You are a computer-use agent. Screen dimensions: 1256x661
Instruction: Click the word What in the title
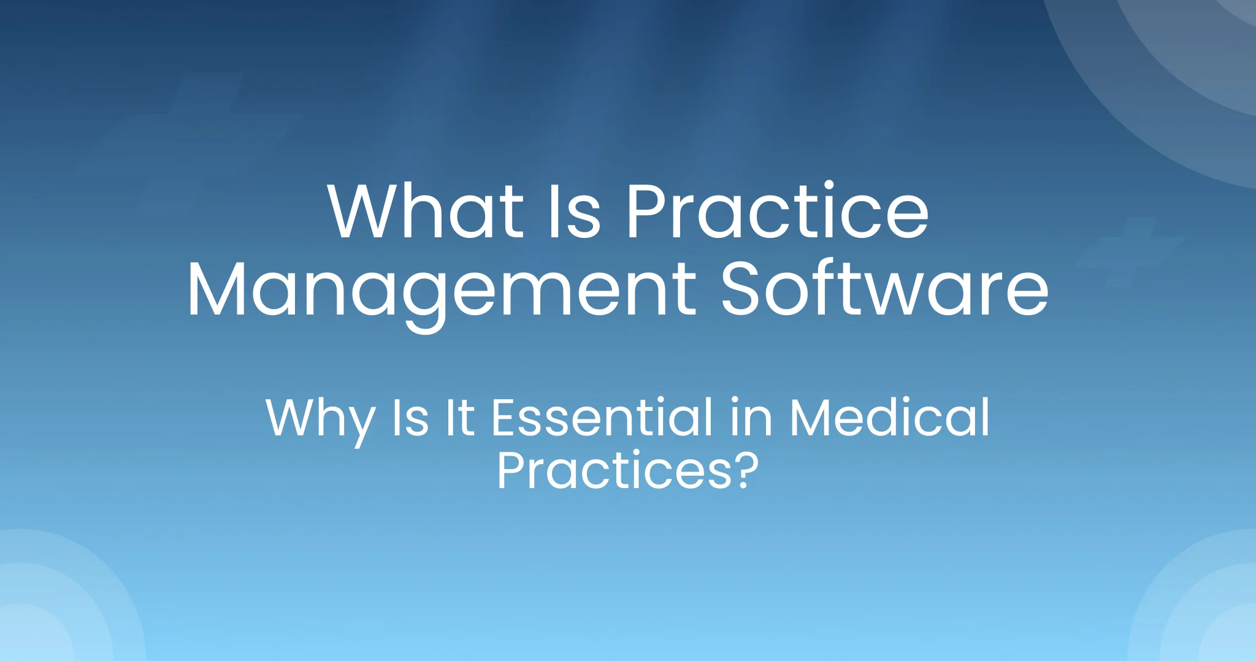pos(426,210)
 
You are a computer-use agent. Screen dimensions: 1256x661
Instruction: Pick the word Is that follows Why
pos(410,418)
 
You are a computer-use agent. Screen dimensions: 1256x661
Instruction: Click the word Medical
pos(890,417)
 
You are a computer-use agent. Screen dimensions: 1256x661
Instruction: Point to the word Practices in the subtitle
pos(614,470)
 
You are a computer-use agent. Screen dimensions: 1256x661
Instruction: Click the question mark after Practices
pos(746,470)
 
